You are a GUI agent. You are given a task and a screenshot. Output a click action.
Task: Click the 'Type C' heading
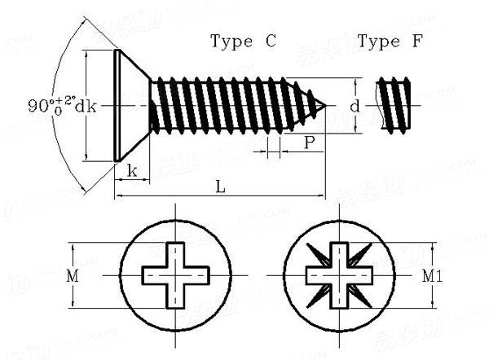[243, 42]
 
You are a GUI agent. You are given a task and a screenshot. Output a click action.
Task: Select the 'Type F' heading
[390, 42]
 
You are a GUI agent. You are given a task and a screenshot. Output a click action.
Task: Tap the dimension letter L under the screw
[220, 186]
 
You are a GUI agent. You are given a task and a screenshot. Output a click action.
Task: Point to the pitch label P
[310, 143]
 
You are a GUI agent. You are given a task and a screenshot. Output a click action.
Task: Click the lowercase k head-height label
[131, 171]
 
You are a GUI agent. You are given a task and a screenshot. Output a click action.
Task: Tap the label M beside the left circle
[73, 276]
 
